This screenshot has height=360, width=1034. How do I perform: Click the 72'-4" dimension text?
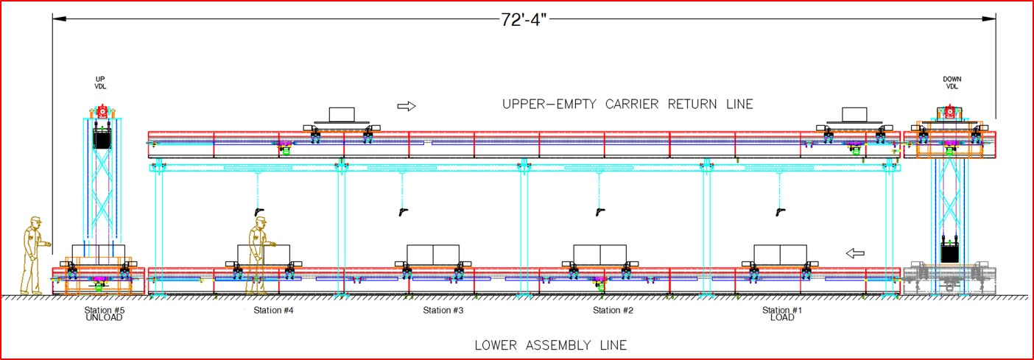[524, 20]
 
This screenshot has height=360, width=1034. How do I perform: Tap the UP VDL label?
[101, 82]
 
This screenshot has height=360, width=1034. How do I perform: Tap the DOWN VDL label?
[952, 82]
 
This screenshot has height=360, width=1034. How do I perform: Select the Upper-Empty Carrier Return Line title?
[627, 104]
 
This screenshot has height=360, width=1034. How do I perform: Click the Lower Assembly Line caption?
[550, 345]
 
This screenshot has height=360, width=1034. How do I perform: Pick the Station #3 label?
[443, 311]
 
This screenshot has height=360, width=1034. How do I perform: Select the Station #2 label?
[613, 311]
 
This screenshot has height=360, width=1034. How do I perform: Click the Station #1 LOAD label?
[782, 314]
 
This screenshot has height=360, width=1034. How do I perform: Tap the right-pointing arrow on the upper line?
[407, 106]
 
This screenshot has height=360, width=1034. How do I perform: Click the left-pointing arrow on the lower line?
[854, 254]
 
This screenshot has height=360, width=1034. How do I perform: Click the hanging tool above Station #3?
[401, 212]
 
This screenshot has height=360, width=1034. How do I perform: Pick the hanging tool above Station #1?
[779, 212]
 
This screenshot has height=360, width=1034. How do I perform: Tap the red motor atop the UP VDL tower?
[102, 112]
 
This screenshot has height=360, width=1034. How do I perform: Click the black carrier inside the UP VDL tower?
[102, 138]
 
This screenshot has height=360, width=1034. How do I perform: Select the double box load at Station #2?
[599, 254]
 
